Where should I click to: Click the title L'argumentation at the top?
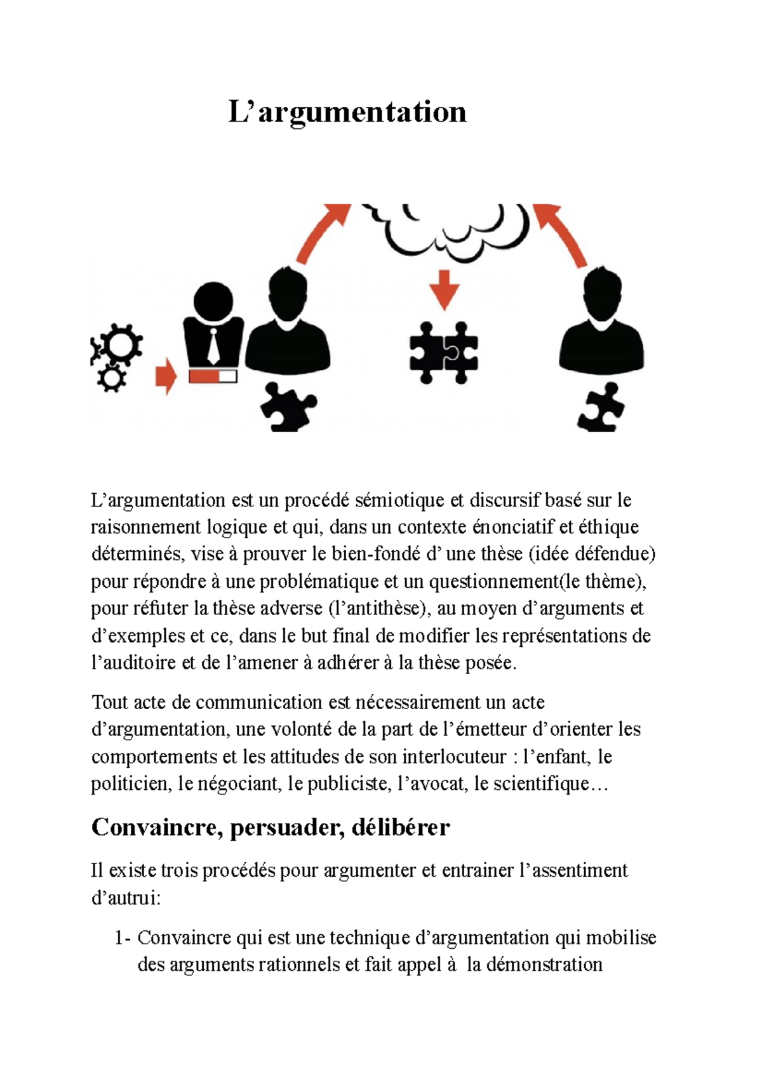347,112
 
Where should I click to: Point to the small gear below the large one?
111,379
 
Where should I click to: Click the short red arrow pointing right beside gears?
166,376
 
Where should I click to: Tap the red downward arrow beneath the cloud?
444,289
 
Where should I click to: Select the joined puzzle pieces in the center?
443,353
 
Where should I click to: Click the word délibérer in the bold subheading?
400,828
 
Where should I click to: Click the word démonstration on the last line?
544,965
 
